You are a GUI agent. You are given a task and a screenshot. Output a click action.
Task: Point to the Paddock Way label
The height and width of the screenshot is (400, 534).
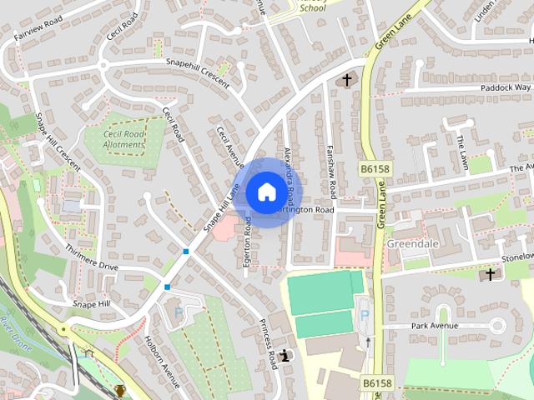pyautogui.click(x=505, y=87)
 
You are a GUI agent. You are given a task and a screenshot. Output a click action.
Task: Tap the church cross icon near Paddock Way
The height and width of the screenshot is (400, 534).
pyautogui.click(x=346, y=80)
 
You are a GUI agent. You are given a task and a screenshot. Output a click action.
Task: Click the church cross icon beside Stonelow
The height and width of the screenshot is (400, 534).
pyautogui.click(x=490, y=273)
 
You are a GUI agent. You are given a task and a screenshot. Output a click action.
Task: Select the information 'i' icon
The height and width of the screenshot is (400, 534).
pyautogui.click(x=286, y=356)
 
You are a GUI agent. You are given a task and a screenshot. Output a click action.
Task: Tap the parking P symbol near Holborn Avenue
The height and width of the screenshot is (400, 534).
pyautogui.click(x=178, y=314)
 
